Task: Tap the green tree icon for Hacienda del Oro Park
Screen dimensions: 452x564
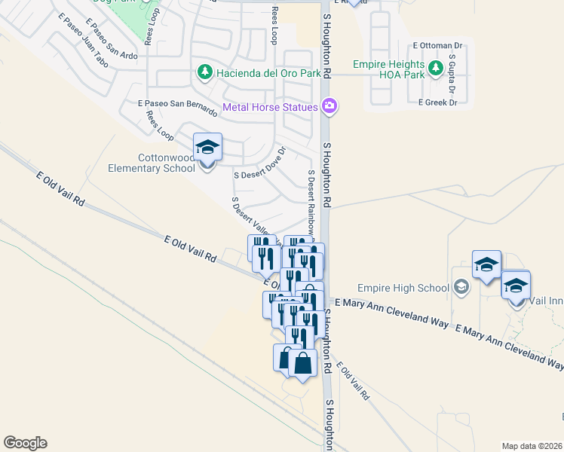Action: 204,72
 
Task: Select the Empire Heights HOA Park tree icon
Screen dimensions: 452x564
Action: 435,69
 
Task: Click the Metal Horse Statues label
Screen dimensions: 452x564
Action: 270,107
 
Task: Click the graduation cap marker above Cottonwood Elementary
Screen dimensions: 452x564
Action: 207,147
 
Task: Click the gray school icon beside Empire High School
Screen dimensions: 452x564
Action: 461,287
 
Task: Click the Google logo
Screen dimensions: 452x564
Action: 25,443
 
